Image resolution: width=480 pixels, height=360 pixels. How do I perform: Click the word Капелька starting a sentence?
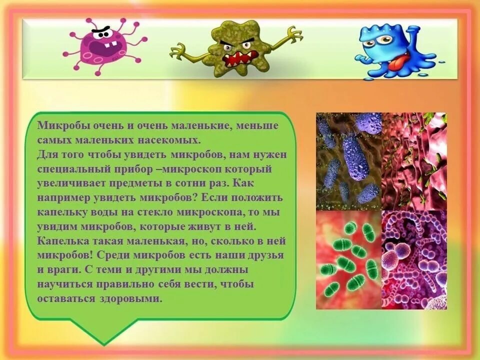pos(58,241)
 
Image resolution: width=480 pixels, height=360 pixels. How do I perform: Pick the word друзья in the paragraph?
pos(265,255)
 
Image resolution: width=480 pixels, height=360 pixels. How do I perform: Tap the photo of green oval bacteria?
pos(348,259)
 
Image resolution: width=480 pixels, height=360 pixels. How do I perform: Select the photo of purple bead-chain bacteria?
pos(414,259)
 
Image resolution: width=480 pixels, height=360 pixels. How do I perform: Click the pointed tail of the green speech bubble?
pos(103,336)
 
